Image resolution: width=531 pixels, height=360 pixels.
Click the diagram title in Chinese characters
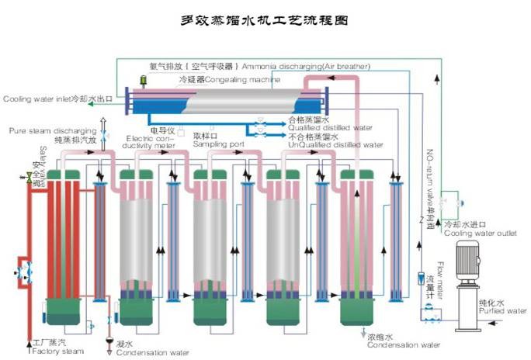coord(265,21)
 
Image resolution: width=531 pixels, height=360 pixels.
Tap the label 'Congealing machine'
coord(232,79)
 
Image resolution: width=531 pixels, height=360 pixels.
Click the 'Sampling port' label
coord(218,144)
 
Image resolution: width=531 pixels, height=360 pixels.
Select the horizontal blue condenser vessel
coord(229,102)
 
